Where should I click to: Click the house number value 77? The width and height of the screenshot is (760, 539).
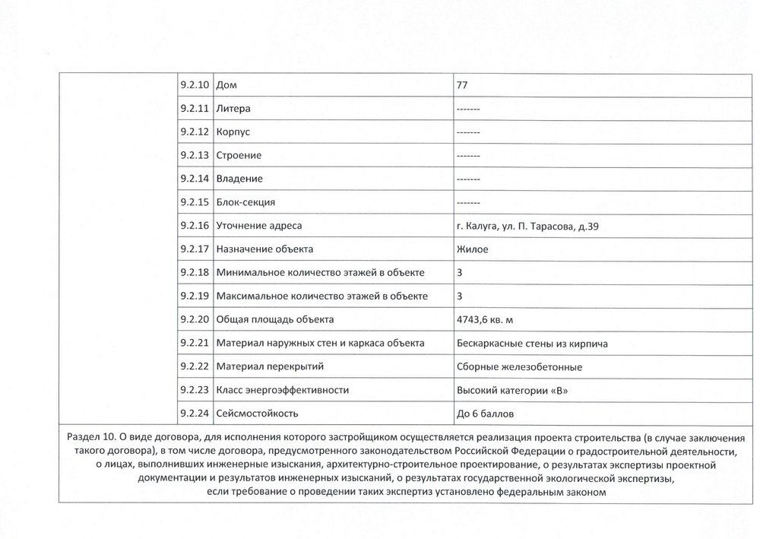pyautogui.click(x=461, y=85)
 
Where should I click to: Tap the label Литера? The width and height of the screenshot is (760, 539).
pyautogui.click(x=234, y=109)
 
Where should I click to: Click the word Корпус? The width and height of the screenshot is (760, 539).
pyautogui.click(x=233, y=132)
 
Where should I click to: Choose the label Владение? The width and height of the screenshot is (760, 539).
pyautogui.click(x=239, y=179)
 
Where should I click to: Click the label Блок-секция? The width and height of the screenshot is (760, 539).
pyautogui.click(x=245, y=202)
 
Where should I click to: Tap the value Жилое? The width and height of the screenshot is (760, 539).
pyautogui.click(x=472, y=249)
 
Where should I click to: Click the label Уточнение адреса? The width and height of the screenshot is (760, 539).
pyautogui.click(x=259, y=226)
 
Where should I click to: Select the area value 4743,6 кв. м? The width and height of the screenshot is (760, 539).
pyautogui.click(x=490, y=319)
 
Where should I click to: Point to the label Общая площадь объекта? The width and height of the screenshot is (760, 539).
pyautogui.click(x=275, y=319)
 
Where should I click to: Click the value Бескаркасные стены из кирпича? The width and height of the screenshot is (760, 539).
pyautogui.click(x=531, y=343)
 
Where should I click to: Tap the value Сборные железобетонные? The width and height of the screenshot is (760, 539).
pyautogui.click(x=519, y=366)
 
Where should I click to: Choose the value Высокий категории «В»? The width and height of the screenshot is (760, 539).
pyautogui.click(x=511, y=390)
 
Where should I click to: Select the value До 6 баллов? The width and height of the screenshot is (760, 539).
pyautogui.click(x=490, y=414)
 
